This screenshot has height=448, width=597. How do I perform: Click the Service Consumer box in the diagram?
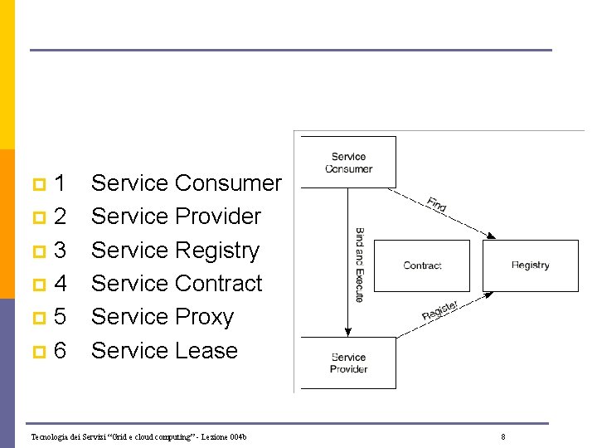click(348, 163)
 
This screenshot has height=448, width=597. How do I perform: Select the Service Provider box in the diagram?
click(348, 363)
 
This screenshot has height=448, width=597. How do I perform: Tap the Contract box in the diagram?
click(422, 265)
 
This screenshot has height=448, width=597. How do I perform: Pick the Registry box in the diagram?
click(531, 265)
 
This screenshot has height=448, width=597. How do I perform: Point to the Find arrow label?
click(437, 204)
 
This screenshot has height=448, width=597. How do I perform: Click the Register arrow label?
click(439, 310)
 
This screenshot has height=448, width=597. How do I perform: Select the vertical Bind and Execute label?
click(359, 265)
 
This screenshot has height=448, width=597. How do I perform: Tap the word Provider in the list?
click(218, 217)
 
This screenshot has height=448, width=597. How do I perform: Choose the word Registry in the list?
click(217, 251)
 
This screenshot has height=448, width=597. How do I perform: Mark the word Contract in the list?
click(218, 284)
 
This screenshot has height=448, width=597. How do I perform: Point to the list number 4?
click(60, 284)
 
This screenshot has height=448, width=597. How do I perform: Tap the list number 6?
click(60, 351)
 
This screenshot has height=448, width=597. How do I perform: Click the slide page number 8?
click(503, 437)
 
